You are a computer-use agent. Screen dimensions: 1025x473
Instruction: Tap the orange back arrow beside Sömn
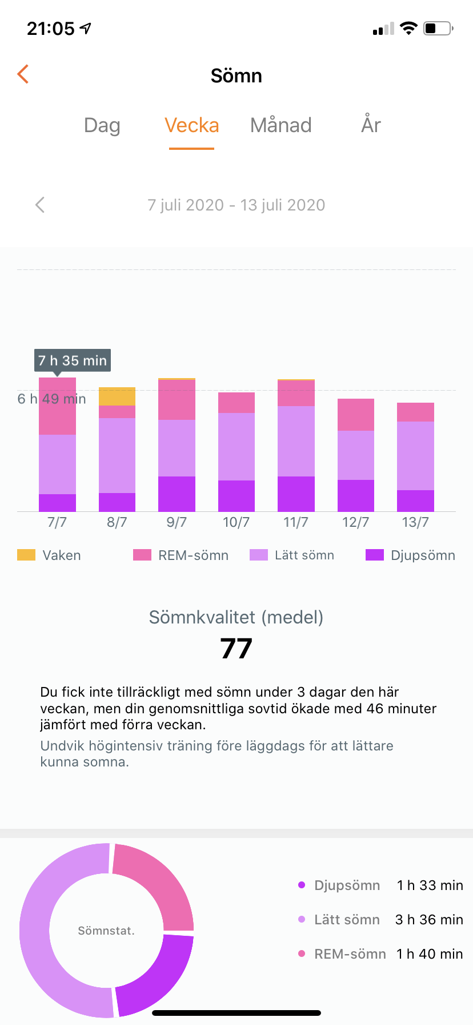(23, 74)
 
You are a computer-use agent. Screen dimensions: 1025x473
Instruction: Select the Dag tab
(102, 125)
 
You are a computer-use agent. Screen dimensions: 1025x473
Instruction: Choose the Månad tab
(281, 125)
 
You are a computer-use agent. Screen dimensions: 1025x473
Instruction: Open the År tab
(371, 125)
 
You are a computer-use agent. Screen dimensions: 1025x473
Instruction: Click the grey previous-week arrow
(40, 205)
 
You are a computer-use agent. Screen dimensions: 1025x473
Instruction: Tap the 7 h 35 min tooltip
(73, 360)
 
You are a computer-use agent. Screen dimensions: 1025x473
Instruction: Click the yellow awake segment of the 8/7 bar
(117, 396)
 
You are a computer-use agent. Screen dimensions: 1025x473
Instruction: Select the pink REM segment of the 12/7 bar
(356, 415)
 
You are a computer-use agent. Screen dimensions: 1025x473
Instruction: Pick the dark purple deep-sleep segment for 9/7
(177, 494)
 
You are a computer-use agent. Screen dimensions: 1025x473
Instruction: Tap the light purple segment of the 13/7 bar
(415, 456)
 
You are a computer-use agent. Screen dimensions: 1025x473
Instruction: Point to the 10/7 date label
(236, 522)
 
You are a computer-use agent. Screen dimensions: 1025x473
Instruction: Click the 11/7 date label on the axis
(296, 522)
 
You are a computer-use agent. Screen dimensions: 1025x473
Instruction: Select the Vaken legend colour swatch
(26, 555)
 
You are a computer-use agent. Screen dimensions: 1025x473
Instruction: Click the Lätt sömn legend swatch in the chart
(259, 555)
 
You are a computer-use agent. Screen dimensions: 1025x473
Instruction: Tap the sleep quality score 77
(236, 649)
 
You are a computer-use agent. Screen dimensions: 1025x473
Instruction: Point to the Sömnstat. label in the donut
(106, 931)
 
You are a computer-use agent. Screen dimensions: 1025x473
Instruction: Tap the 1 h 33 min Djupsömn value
(430, 885)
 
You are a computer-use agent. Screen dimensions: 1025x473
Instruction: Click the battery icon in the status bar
(438, 28)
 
